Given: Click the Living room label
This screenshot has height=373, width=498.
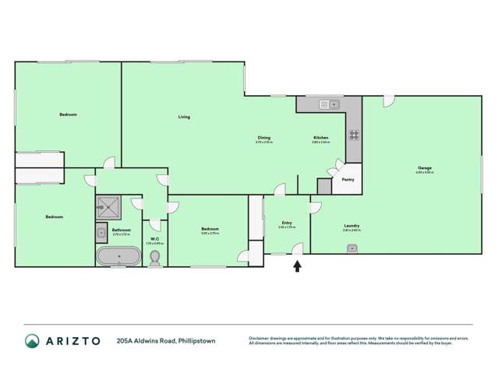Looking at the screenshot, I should click(x=184, y=117).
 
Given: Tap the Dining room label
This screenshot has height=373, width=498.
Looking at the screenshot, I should click(x=264, y=138).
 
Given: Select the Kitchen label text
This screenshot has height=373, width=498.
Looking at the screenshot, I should click(x=320, y=138).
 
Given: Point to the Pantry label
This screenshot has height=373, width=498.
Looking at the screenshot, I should click(x=348, y=180).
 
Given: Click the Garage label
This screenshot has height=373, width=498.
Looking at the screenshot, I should click(x=425, y=168).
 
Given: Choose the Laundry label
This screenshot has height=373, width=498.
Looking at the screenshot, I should click(x=351, y=227).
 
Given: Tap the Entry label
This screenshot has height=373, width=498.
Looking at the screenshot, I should click(x=287, y=223).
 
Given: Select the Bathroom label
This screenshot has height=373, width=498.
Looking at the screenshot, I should click(x=121, y=230).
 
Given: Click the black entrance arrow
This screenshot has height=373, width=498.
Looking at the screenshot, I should click(x=297, y=266).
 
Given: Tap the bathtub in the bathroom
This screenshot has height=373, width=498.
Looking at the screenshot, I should click(x=117, y=255).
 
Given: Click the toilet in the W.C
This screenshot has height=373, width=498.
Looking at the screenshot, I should click(x=155, y=256).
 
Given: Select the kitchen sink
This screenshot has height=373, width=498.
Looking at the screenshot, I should click(x=327, y=104).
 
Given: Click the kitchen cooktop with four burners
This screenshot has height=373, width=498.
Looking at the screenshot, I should click(x=354, y=135).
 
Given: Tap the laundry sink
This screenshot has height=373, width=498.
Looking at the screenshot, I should click(x=352, y=248).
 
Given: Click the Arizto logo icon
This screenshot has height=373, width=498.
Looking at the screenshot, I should click(x=32, y=340).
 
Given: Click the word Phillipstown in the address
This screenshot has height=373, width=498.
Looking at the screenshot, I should click(x=196, y=340).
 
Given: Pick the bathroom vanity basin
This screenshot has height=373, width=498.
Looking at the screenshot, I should click(x=101, y=231).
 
